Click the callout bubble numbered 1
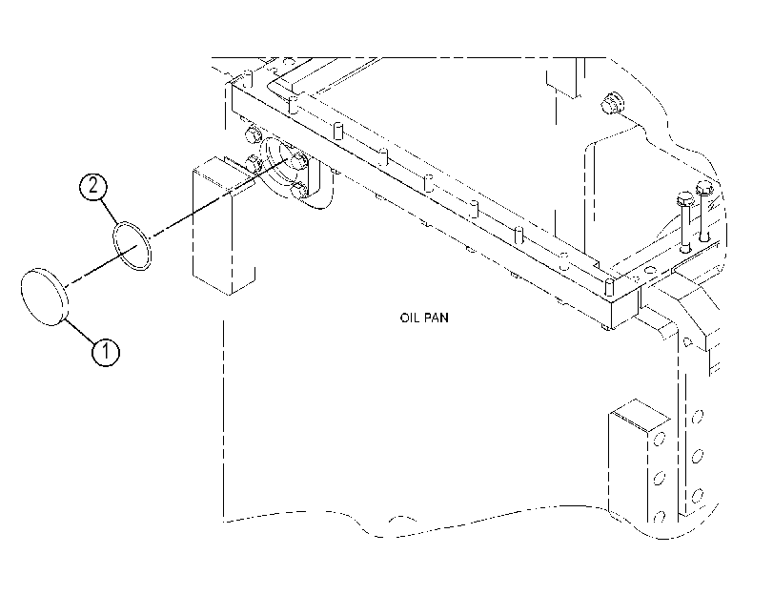point(105,352)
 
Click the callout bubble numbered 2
point(92,187)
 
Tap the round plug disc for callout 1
point(45,297)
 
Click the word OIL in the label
point(409,318)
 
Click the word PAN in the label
point(437,318)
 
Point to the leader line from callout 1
point(79,331)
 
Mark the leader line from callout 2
point(109,211)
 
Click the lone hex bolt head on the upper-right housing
point(612,103)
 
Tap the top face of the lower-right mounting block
point(640,414)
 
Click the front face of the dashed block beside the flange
point(211,231)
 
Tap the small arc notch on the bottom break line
point(402,519)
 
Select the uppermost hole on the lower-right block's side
point(697,418)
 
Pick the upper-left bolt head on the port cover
point(252,134)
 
